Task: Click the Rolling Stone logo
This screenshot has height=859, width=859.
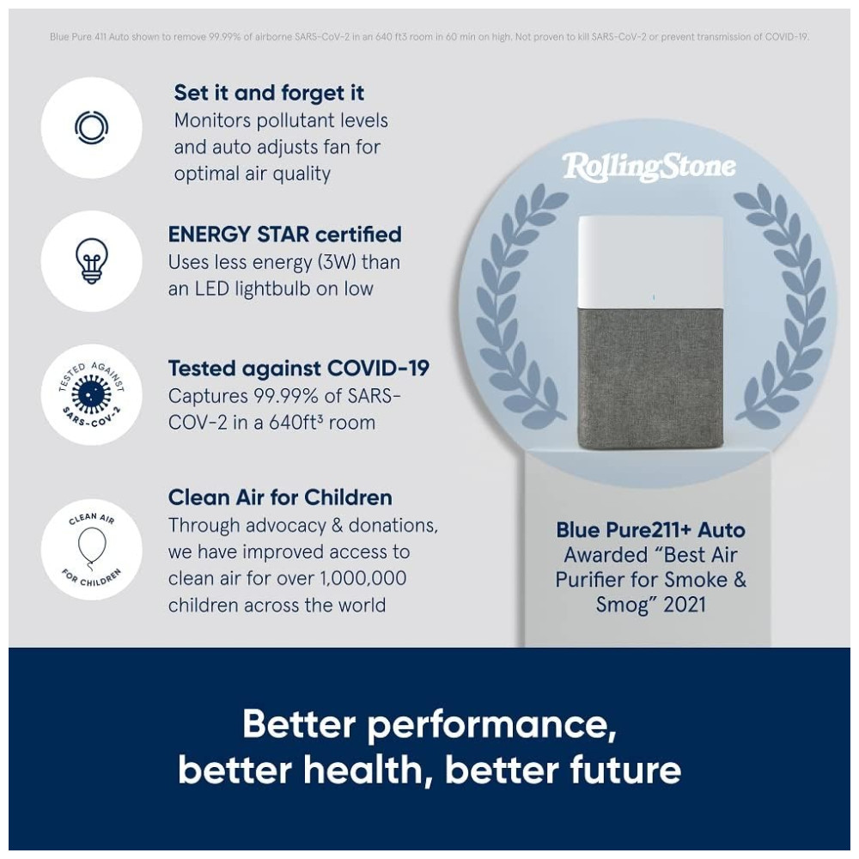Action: tap(649, 167)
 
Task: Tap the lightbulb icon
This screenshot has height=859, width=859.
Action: tap(92, 261)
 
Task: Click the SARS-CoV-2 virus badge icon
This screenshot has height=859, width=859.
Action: tap(92, 394)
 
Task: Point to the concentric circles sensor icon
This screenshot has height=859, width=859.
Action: tap(92, 127)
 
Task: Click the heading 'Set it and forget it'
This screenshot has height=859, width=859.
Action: tap(269, 93)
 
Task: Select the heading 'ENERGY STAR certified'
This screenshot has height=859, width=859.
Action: tap(284, 235)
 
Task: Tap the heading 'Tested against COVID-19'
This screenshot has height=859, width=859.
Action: tap(299, 369)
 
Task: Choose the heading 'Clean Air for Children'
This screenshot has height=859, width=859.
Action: tap(280, 497)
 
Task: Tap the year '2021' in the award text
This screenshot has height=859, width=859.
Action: tap(685, 605)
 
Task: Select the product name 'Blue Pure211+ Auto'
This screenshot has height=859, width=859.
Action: tap(650, 530)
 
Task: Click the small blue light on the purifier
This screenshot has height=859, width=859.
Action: tap(654, 297)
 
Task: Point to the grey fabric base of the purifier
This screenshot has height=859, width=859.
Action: tap(654, 379)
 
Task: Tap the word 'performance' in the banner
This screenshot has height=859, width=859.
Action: tap(491, 725)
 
